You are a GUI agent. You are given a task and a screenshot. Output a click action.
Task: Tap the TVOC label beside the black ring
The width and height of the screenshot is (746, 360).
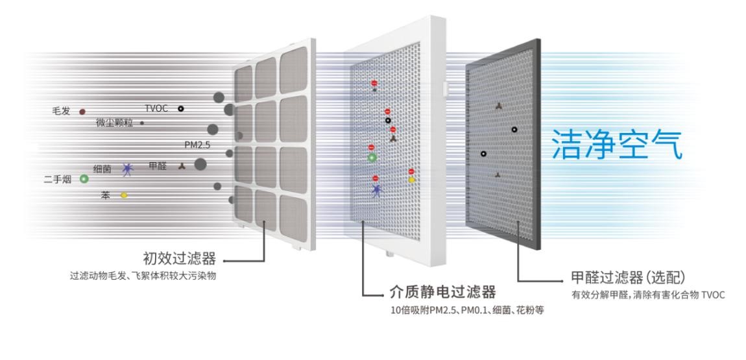pos(157,108)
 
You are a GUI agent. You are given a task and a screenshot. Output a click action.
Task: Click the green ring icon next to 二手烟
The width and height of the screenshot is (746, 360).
pos(84,178)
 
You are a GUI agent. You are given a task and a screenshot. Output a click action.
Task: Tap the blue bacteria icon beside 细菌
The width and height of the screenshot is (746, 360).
pos(127,170)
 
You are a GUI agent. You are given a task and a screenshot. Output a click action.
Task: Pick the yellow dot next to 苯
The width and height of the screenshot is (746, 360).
pos(124,195)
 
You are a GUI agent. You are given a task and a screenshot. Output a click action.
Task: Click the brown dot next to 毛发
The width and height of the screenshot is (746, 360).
pos(82,112)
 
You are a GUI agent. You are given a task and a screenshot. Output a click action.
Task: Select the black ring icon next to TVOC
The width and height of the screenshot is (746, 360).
pos(181,108)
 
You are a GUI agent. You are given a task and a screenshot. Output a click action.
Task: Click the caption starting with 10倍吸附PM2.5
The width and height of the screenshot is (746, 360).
pos(453,310)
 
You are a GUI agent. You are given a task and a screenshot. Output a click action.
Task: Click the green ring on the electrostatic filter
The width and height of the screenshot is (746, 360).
pos(372,157)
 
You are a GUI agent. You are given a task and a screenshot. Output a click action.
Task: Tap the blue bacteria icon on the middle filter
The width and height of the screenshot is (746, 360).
pos(377,189)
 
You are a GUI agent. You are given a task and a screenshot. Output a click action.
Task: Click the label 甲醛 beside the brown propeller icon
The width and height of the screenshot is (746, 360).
pos(158,166)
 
